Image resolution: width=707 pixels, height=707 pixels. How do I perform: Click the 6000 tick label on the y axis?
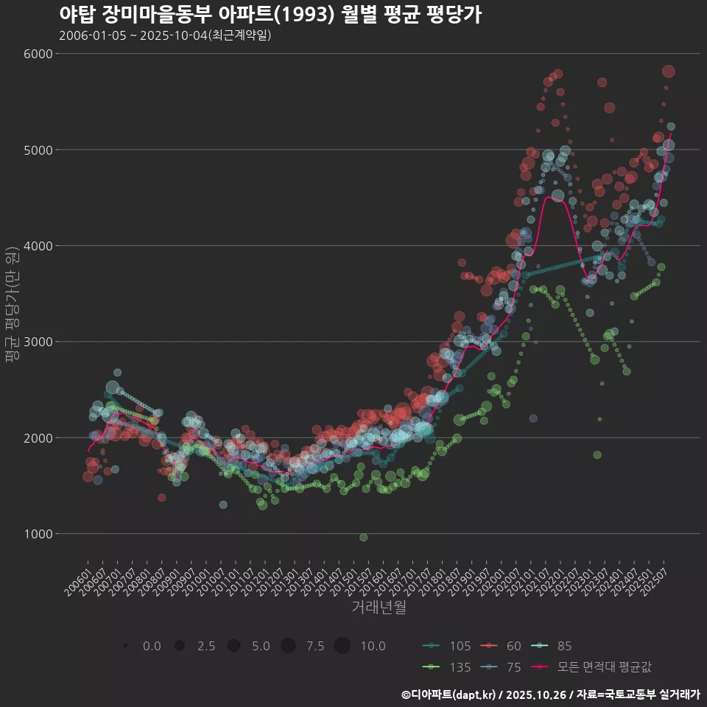point(38,54)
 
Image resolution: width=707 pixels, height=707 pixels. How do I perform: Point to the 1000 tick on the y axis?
point(38,534)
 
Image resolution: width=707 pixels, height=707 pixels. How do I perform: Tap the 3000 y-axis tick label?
point(38,342)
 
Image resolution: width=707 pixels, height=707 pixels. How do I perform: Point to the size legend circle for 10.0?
point(342,646)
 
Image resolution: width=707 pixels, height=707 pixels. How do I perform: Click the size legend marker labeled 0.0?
point(126,646)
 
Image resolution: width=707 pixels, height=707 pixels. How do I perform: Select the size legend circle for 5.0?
point(234,646)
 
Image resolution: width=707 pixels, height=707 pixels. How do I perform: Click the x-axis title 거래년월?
point(379,608)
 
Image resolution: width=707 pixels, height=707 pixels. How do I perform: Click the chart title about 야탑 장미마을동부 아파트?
point(270,15)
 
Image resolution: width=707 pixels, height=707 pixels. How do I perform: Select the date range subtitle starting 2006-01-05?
point(165,35)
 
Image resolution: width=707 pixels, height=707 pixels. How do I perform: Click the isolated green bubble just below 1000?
point(363,538)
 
